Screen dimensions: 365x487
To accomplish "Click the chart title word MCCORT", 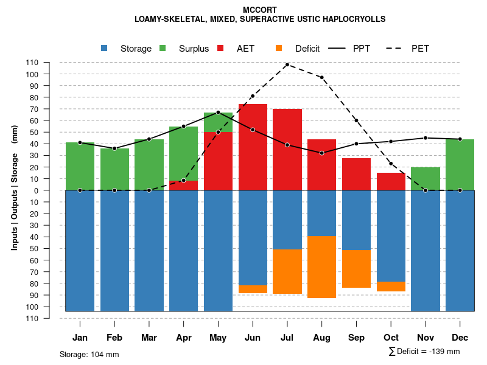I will pos(260,10).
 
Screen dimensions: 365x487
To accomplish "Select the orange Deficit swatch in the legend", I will pos(278,48).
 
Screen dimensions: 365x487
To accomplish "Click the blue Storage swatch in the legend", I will pos(104,48).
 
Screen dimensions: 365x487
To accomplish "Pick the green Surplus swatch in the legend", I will pos(163,48).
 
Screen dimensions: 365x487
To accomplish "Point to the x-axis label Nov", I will pos(426,338).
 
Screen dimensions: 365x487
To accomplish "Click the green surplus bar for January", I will pos(80,167).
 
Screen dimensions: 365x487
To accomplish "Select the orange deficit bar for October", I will pos(391,287).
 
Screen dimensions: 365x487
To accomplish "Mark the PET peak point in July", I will pos(287,64).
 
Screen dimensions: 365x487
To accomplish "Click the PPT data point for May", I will pos(218,113).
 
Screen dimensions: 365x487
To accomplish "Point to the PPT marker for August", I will pos(322,153).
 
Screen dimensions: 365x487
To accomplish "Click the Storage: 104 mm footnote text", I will pos(89,354).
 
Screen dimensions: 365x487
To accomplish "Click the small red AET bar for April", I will pos(183,186).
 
